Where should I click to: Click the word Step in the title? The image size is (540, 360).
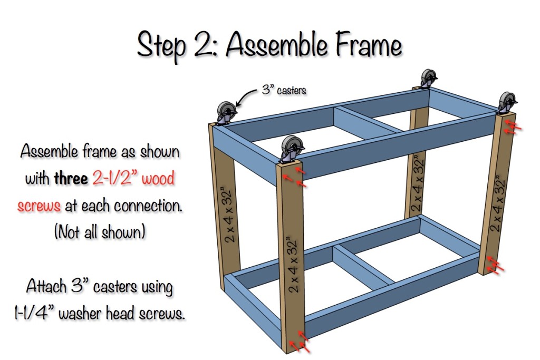161,46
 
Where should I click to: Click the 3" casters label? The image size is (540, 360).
284,90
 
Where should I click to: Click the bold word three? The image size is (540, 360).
71,179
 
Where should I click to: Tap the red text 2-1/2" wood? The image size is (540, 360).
133,179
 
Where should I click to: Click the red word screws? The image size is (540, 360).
39,205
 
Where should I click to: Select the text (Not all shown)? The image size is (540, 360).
100,232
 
